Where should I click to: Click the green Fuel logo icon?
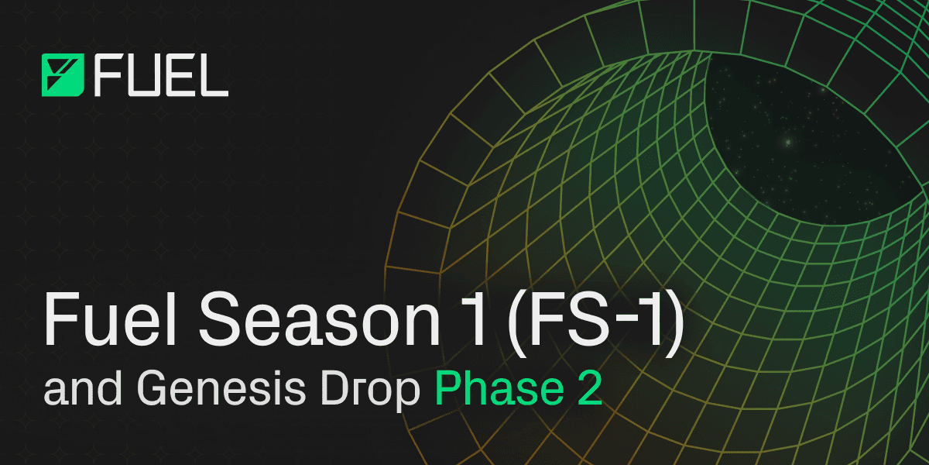63,75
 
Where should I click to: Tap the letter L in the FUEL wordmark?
214,75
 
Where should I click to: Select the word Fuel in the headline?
110,319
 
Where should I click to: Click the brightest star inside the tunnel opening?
788,143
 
